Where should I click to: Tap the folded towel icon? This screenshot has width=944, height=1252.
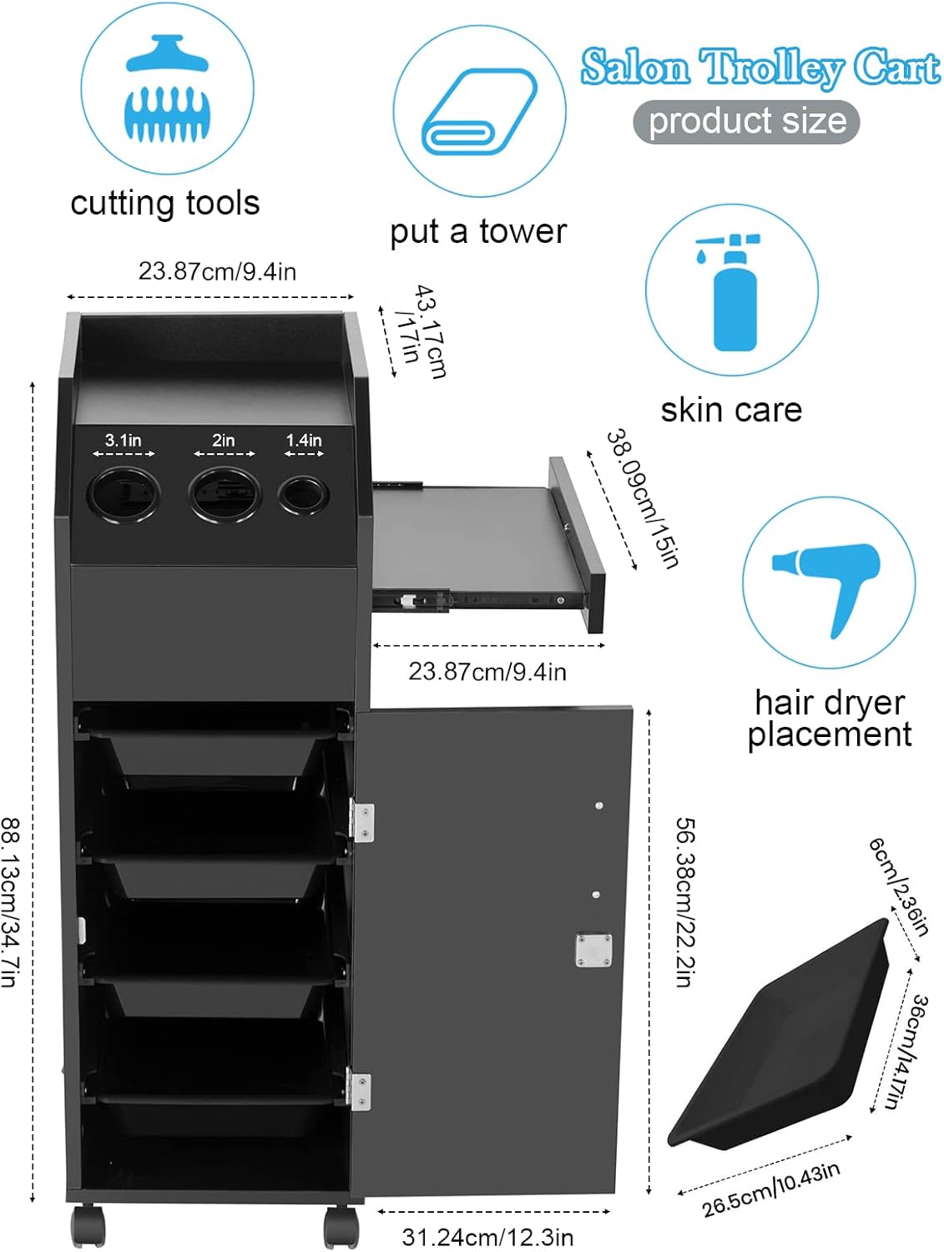[x=479, y=111]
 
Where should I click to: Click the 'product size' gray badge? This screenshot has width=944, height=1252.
[x=746, y=122]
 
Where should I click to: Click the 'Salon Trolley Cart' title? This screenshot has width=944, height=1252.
[x=760, y=68]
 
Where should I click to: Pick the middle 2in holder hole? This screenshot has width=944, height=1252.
[x=224, y=493]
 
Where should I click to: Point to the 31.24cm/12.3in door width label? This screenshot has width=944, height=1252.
[x=487, y=1236]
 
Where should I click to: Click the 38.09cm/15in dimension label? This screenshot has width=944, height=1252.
[x=643, y=497]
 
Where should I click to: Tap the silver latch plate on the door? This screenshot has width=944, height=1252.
[x=593, y=950]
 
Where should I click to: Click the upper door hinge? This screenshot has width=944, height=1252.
[x=362, y=820]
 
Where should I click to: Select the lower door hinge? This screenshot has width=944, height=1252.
[x=360, y=1090]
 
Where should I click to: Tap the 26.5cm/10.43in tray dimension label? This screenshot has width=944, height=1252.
[x=770, y=1189]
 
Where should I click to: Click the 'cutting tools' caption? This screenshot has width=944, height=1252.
[x=165, y=203]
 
